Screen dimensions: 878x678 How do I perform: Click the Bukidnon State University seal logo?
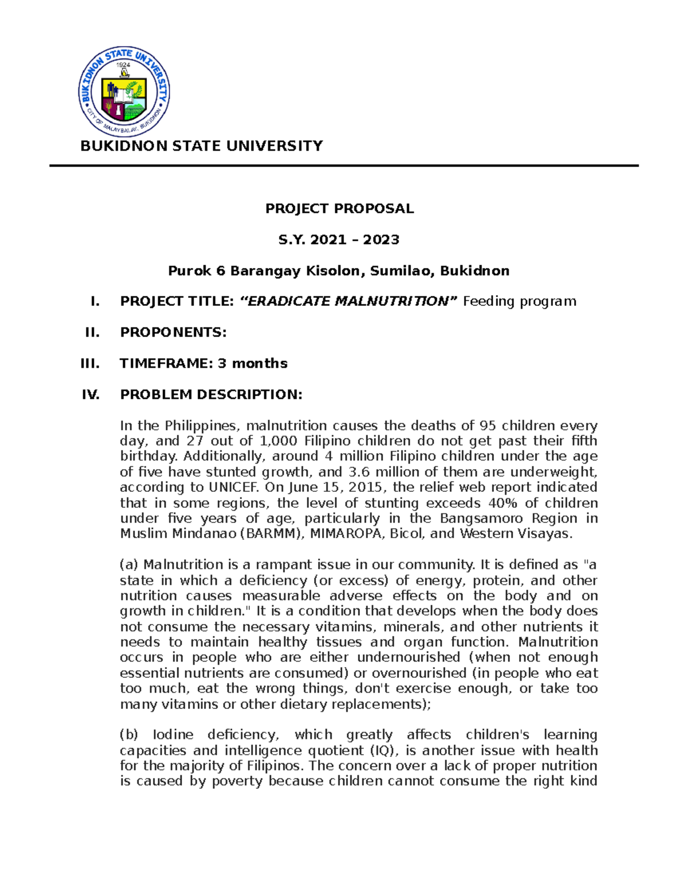pos(124,92)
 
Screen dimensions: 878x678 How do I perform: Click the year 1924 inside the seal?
pos(123,65)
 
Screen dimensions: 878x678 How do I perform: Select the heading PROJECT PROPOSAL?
pos(340,209)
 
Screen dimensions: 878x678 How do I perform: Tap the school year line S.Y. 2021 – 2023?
pos(339,240)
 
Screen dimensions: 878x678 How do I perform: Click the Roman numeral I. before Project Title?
pos(95,301)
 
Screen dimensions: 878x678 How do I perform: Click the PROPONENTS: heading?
pos(173,332)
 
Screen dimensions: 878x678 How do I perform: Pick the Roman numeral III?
pos(90,364)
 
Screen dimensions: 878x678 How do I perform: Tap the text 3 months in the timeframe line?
pos(253,364)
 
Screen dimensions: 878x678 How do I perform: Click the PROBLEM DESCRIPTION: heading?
pos(211,395)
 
